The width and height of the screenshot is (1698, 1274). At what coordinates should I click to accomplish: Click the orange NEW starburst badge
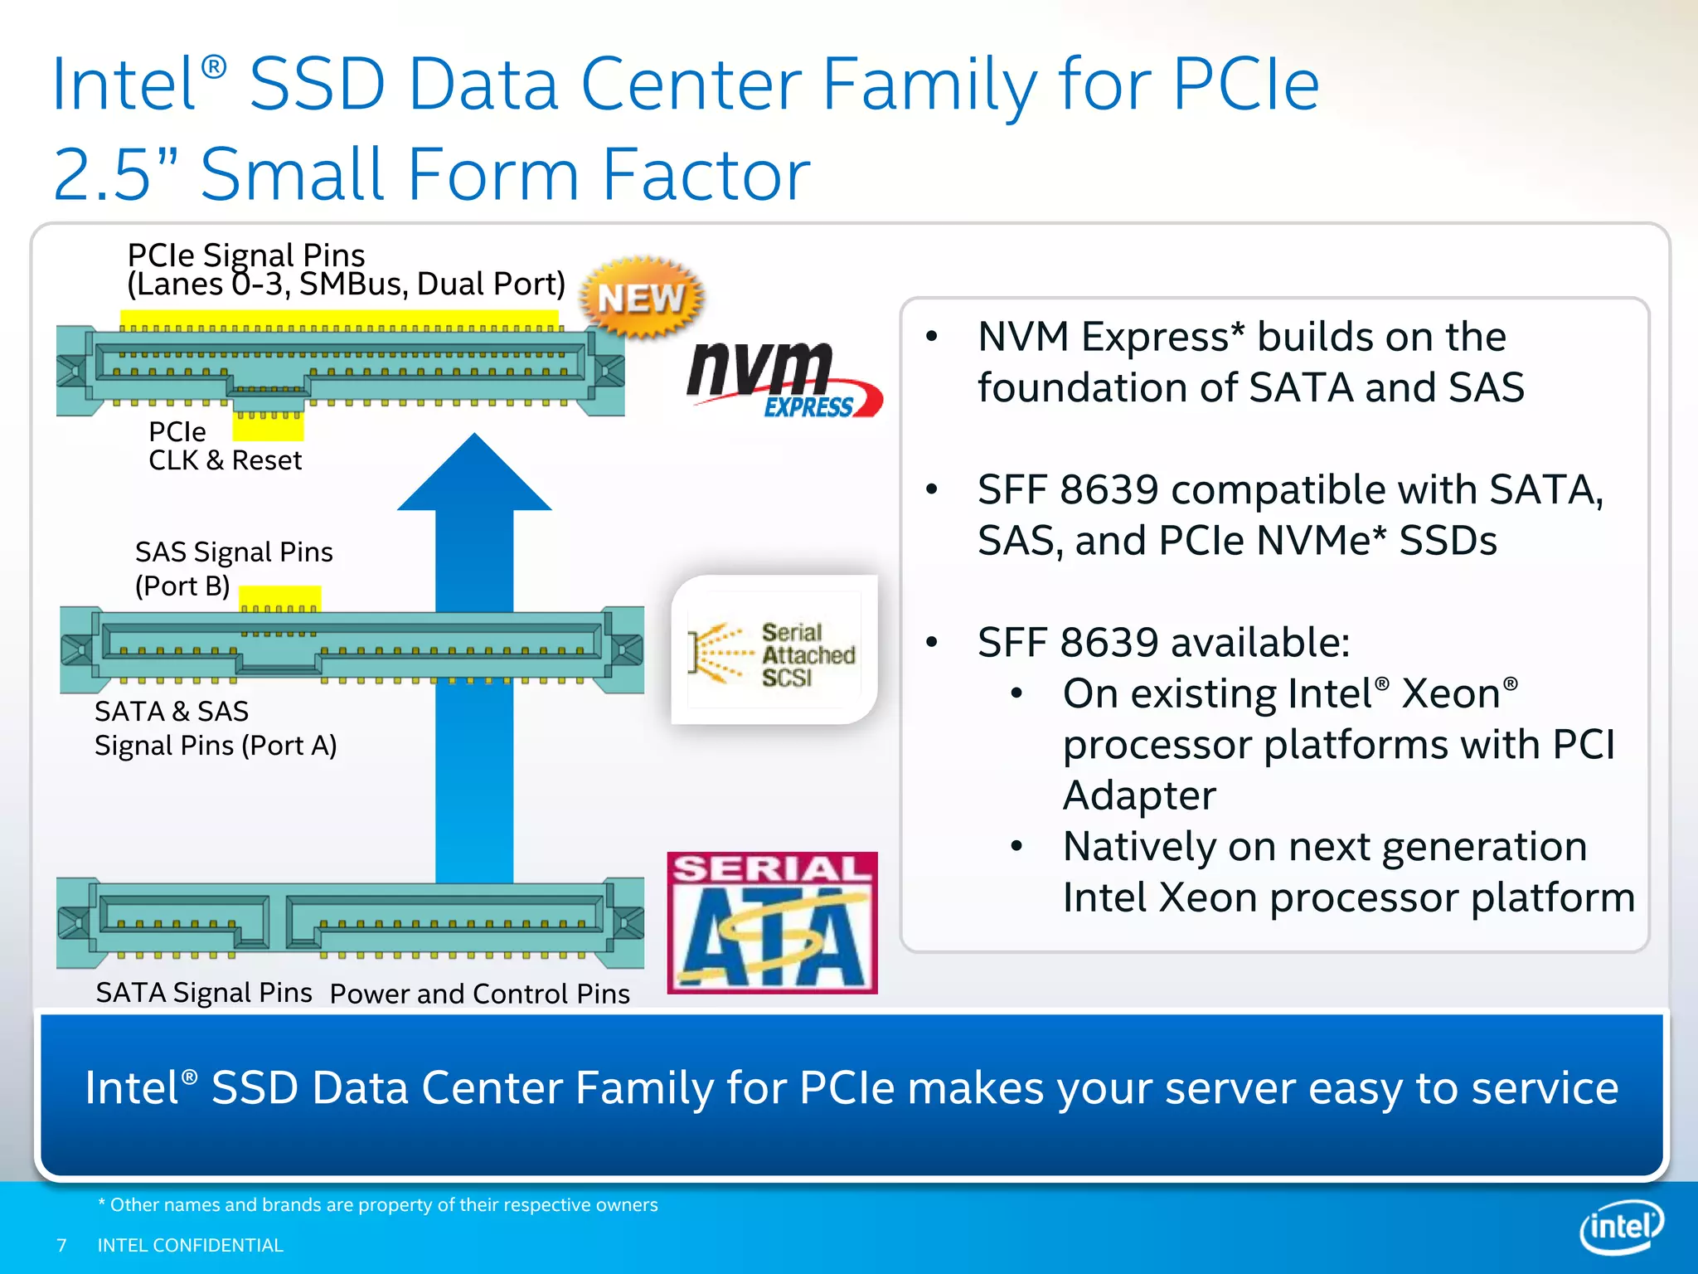point(641,298)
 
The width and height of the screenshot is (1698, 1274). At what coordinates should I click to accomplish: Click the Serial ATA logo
point(772,922)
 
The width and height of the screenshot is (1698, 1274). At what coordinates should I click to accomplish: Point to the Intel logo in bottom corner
point(1621,1226)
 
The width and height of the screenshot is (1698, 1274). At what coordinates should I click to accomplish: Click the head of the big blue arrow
point(474,475)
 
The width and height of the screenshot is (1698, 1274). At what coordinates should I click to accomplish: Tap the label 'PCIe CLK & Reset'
point(224,446)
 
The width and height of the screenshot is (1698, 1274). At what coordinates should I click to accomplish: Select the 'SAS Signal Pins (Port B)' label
point(233,569)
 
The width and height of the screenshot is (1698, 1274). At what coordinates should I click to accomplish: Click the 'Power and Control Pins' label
point(479,994)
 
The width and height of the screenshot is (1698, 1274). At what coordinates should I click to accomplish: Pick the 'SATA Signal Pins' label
point(204,993)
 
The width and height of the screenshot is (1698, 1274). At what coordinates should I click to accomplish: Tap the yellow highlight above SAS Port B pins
point(279,597)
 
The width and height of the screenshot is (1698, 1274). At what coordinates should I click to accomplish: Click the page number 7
point(61,1245)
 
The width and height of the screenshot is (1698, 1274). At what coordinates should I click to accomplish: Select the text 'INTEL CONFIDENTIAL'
point(190,1245)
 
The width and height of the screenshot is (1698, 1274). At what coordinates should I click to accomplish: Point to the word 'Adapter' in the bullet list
point(1139,795)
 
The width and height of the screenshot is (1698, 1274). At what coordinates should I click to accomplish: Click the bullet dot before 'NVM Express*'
point(932,337)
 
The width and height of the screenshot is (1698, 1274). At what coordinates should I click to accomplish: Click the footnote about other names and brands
point(378,1204)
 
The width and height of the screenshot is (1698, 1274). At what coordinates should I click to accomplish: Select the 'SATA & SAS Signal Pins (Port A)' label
point(215,728)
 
